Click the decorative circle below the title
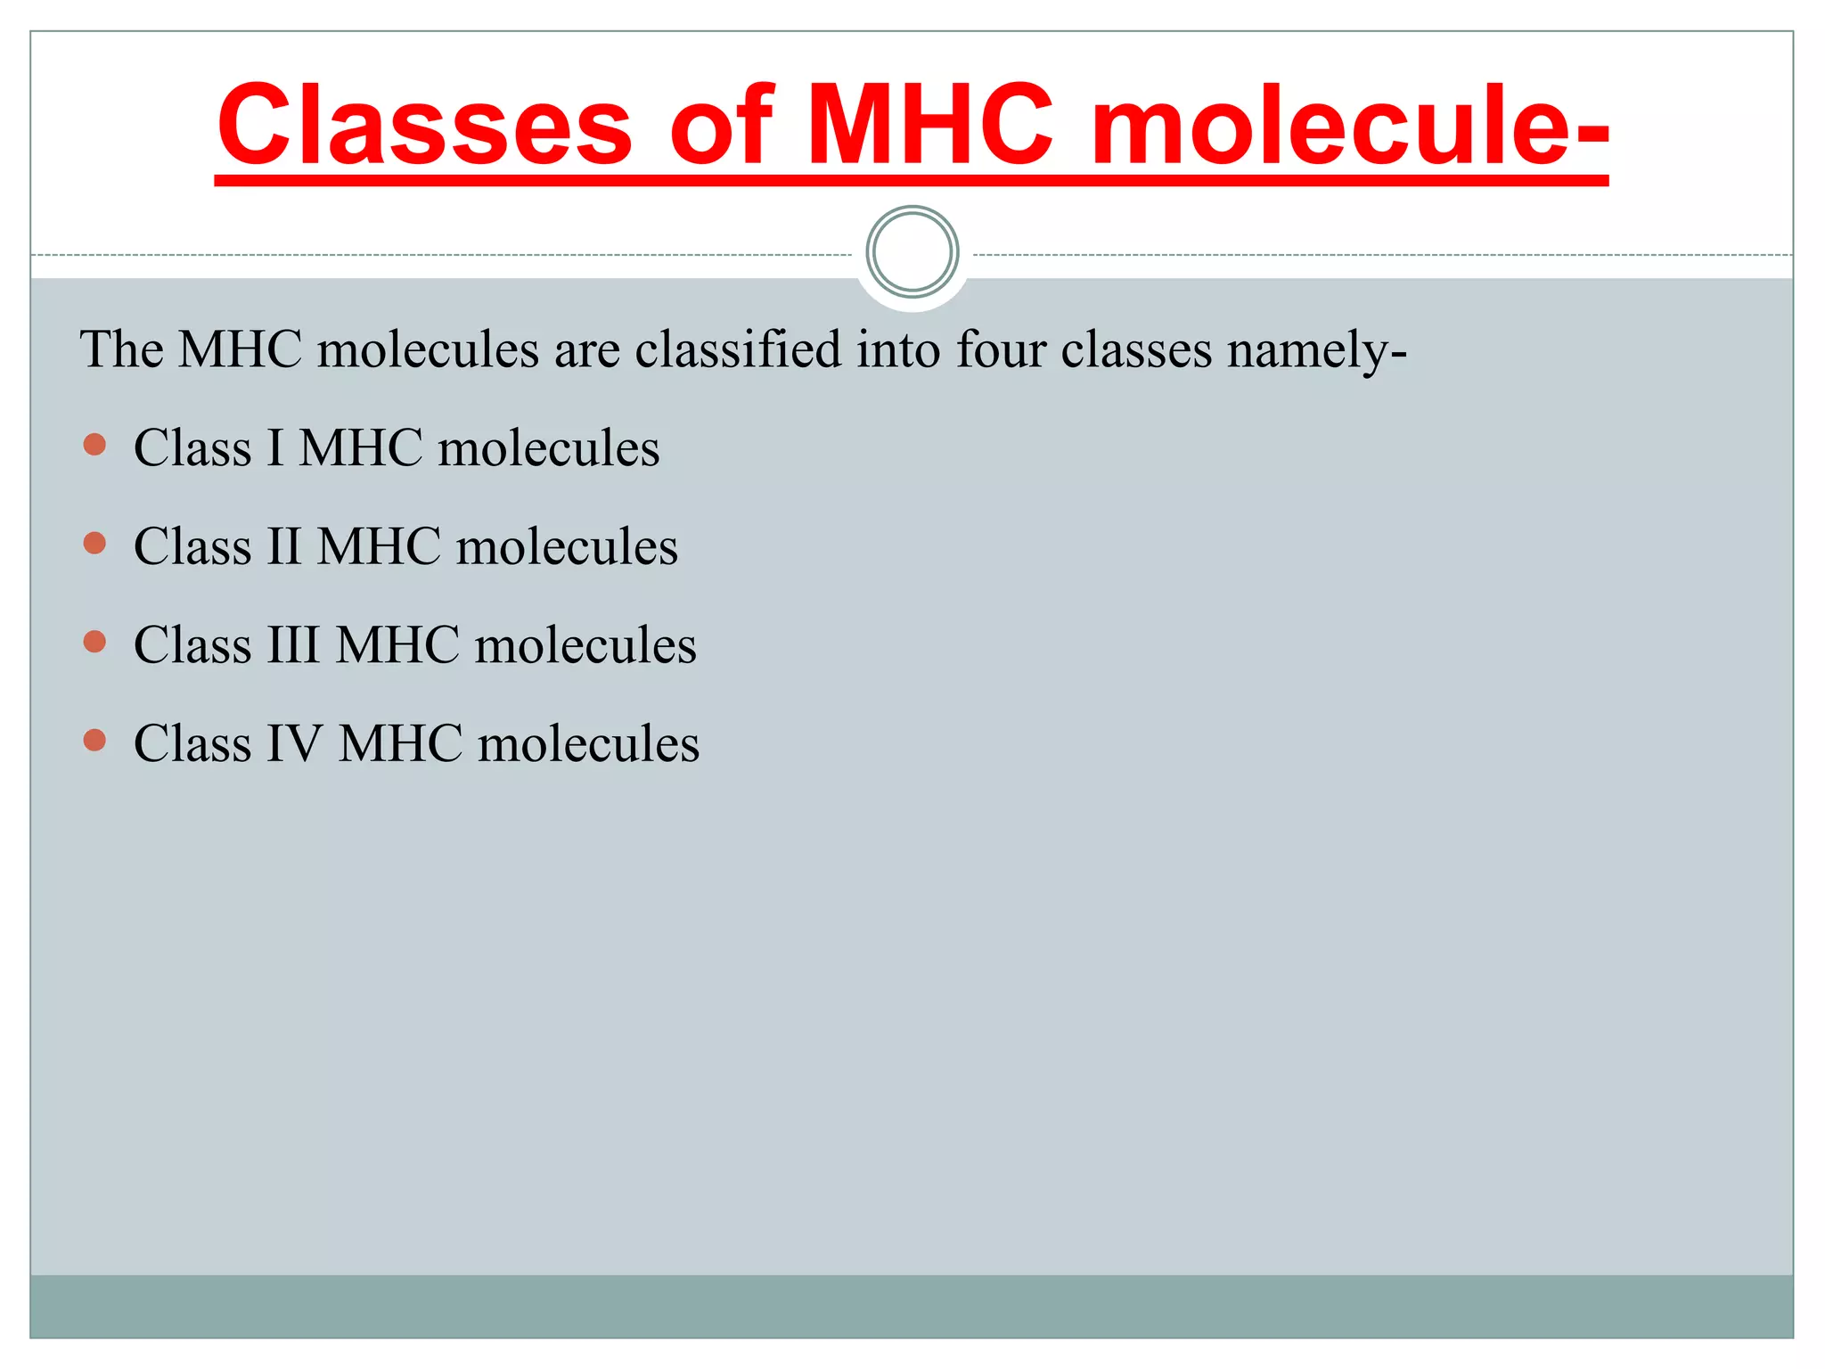click(912, 252)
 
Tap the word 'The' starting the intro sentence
click(121, 348)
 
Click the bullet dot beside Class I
click(94, 445)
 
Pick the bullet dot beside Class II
click(94, 544)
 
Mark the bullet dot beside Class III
click(94, 642)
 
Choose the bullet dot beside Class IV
click(94, 740)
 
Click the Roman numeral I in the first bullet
click(275, 447)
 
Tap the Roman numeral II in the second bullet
click(284, 546)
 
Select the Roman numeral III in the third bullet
click(293, 645)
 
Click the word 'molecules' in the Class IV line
click(588, 743)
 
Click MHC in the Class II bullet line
click(379, 546)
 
